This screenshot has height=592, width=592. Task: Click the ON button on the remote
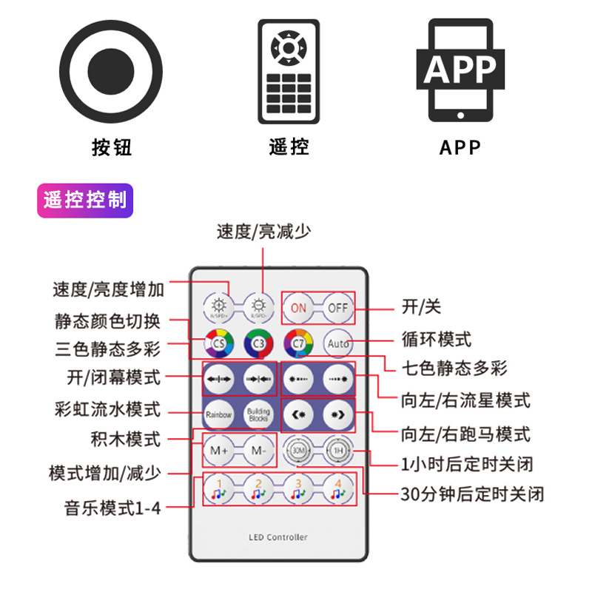tap(298, 308)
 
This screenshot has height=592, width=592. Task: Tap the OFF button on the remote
tap(337, 308)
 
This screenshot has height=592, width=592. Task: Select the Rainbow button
tap(218, 415)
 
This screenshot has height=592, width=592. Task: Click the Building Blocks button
tap(258, 415)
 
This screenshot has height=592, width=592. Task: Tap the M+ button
tap(218, 450)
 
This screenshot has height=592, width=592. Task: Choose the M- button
tap(258, 450)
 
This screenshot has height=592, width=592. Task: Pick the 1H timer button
tap(337, 450)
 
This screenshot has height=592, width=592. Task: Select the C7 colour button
tap(298, 343)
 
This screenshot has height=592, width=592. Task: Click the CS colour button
tap(218, 343)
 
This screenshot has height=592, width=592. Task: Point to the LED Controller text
tap(278, 537)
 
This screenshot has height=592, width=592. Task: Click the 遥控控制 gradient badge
tap(85, 201)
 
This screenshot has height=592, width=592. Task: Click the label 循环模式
tap(436, 340)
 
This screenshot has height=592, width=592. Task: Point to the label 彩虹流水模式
tap(107, 408)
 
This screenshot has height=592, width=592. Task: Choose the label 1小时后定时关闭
tap(466, 465)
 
